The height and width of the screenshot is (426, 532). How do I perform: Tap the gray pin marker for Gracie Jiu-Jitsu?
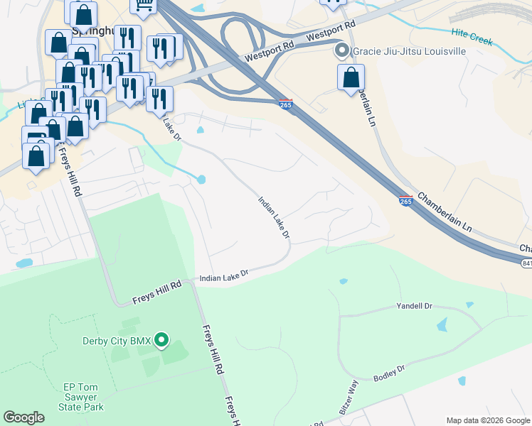pyautogui.click(x=341, y=50)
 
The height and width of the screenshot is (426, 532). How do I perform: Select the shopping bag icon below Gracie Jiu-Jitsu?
pyautogui.click(x=351, y=77)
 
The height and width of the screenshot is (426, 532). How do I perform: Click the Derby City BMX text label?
pyautogui.click(x=116, y=342)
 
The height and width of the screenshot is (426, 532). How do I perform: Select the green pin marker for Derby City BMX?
pyautogui.click(x=161, y=341)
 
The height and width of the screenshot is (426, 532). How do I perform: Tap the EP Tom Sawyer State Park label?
pyautogui.click(x=83, y=397)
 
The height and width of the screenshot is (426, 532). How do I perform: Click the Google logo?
pyautogui.click(x=23, y=417)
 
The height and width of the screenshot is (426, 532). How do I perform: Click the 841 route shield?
pyautogui.click(x=526, y=263)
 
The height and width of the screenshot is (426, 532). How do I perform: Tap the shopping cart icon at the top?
pyautogui.click(x=143, y=6)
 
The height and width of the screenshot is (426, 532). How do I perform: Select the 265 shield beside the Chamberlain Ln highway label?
pyautogui.click(x=405, y=202)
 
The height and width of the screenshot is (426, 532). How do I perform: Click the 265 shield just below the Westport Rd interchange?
pyautogui.click(x=286, y=104)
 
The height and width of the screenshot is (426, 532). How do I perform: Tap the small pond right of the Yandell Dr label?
pyautogui.click(x=469, y=305)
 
